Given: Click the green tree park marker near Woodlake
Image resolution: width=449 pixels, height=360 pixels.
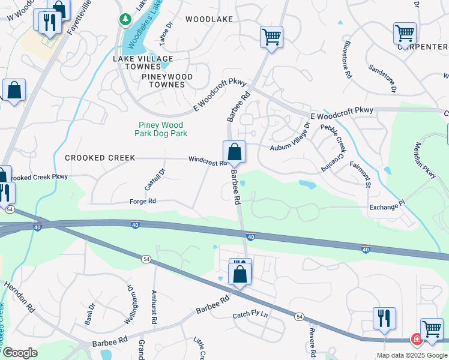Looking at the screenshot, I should [125, 20].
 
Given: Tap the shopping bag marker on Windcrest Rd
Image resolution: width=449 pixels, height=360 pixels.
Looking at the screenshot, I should [234, 152].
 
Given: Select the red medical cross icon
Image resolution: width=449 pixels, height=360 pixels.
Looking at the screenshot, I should [416, 340].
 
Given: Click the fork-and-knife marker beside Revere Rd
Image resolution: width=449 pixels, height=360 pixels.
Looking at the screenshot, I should [384, 318].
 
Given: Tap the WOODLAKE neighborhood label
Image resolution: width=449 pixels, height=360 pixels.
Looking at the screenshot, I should [209, 19].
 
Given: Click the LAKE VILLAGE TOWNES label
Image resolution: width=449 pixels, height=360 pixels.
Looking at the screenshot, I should [143, 62].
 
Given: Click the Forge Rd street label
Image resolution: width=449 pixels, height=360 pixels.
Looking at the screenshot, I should [143, 202].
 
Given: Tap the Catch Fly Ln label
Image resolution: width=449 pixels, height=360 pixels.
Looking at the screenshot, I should [250, 314].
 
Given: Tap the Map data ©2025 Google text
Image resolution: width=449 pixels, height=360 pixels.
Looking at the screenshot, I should [412, 355].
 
